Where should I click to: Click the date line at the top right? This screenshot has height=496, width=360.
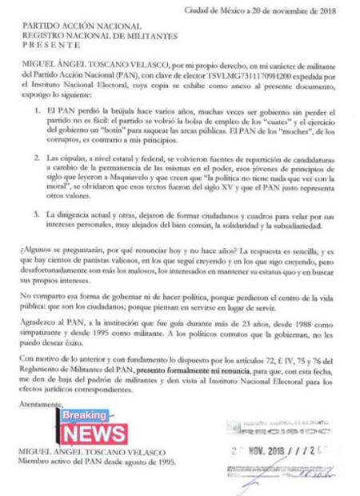pyautogui.click(x=271, y=10)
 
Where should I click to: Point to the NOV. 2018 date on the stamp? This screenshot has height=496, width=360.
pyautogui.click(x=270, y=451)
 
